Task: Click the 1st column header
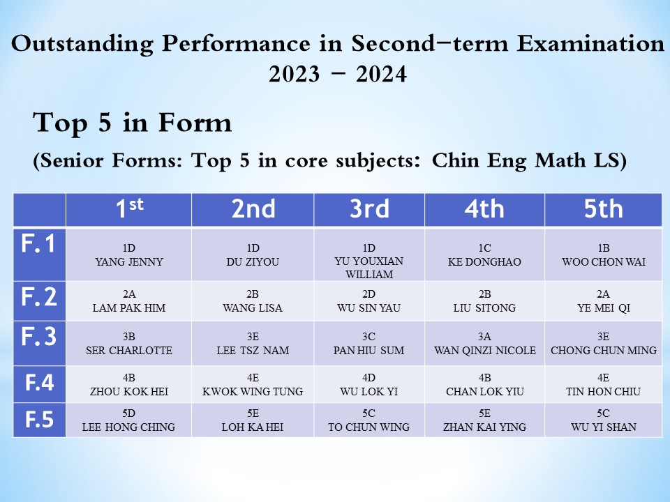(x=130, y=208)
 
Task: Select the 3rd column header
(x=370, y=208)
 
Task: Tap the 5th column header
(x=603, y=208)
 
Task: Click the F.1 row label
(x=38, y=244)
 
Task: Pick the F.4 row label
(x=39, y=383)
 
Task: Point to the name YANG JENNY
(x=129, y=261)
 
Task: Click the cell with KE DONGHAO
(x=484, y=255)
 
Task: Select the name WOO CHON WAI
(x=603, y=261)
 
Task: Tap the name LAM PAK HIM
(x=129, y=307)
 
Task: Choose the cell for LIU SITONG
(x=484, y=301)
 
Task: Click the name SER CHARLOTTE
(x=129, y=351)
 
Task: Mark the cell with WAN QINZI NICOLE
(x=484, y=343)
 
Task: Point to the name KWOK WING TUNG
(x=253, y=391)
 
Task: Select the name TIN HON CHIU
(x=603, y=391)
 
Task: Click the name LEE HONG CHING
(x=128, y=427)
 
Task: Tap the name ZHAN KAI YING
(x=484, y=427)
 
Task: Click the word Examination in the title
(x=590, y=43)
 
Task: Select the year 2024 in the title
(x=381, y=74)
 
